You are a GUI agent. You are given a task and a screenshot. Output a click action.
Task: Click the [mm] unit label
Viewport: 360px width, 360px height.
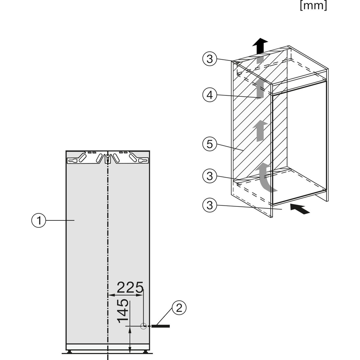[313, 6]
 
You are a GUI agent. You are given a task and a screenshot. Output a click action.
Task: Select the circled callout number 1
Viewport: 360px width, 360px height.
[39, 220]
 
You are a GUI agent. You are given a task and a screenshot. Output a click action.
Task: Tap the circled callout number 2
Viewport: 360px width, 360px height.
[179, 308]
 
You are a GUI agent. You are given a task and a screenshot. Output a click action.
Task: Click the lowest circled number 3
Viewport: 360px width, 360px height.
[210, 206]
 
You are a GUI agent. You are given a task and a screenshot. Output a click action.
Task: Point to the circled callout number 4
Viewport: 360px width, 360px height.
[210, 95]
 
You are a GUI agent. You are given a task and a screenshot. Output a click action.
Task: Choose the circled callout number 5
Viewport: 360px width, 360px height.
[210, 144]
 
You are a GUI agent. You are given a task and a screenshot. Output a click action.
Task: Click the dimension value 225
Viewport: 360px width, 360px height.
[130, 288]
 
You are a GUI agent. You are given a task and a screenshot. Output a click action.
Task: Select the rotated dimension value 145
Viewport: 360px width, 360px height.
[123, 311]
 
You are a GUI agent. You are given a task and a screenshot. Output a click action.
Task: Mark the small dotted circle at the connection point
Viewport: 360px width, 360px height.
[143, 326]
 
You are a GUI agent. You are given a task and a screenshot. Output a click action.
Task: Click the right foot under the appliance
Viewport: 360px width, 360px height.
[145, 351]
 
